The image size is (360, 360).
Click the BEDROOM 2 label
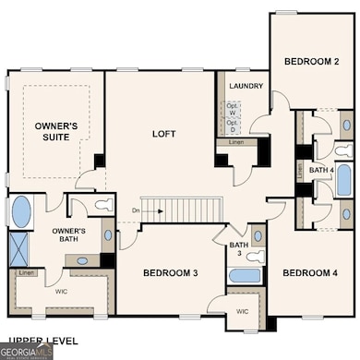click(311, 62)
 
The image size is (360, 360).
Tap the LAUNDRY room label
click(244, 87)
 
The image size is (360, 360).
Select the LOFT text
click(162, 134)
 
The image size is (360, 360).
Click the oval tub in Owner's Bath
click(19, 210)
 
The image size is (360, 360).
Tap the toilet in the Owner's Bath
click(102, 205)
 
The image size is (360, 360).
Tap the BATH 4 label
click(320, 171)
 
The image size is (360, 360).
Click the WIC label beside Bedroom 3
click(244, 312)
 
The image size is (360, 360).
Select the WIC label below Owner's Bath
click(61, 292)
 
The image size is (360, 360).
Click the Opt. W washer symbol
click(233, 106)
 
